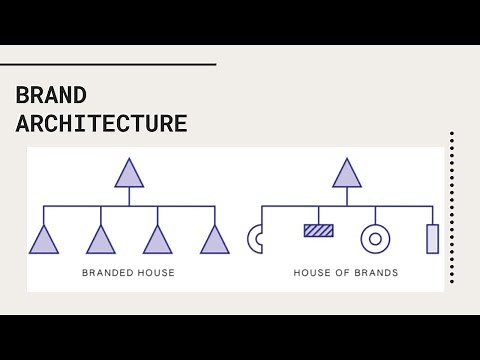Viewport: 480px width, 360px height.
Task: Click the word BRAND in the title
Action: [51, 96]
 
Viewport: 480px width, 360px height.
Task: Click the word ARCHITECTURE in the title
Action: [102, 124]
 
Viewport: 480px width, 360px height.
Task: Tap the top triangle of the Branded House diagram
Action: [129, 174]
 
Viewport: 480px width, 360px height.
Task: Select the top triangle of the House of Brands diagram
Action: [347, 174]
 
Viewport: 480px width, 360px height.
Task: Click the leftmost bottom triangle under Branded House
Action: [43, 241]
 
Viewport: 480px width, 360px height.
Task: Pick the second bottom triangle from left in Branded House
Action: [100, 241]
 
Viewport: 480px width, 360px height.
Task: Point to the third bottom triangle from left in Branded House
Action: [157, 241]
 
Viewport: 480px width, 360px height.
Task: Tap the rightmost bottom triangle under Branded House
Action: [215, 241]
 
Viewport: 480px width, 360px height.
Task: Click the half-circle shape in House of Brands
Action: [254, 239]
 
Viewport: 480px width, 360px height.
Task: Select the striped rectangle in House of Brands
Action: [318, 230]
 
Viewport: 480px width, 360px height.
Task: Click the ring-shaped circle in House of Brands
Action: [375, 239]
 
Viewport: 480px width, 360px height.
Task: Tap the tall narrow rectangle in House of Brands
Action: [432, 239]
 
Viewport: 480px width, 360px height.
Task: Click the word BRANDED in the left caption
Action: [104, 272]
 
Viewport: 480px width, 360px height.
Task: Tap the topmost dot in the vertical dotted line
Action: [452, 133]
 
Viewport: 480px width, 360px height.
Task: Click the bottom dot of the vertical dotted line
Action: [452, 281]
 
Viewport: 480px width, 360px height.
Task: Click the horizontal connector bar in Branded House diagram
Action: [129, 206]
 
